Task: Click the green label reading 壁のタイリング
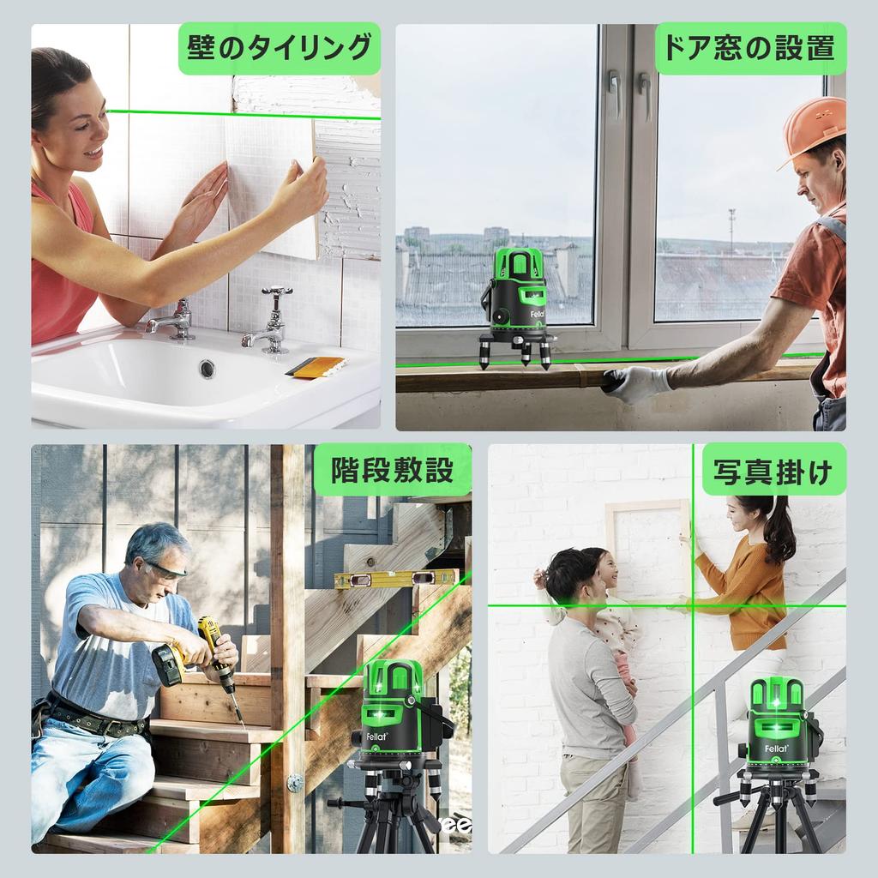279,48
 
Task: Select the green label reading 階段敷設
391,470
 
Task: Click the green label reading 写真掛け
773,470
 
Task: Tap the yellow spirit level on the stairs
396,579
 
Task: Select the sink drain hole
207,369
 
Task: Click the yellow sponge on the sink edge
316,366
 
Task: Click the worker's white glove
635,383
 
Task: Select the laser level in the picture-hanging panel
775,729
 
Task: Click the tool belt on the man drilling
94,719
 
